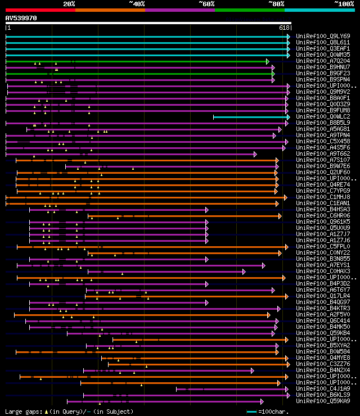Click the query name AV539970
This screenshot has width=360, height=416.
click(x=21, y=18)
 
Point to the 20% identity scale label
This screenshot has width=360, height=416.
click(x=69, y=3)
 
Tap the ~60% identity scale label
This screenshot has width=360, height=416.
click(x=206, y=3)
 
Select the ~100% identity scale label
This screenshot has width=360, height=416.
click(x=344, y=3)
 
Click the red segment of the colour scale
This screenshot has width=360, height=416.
click(x=40, y=10)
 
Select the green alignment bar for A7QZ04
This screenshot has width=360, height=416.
click(x=135, y=61)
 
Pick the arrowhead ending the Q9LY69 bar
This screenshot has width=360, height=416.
click(x=289, y=37)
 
